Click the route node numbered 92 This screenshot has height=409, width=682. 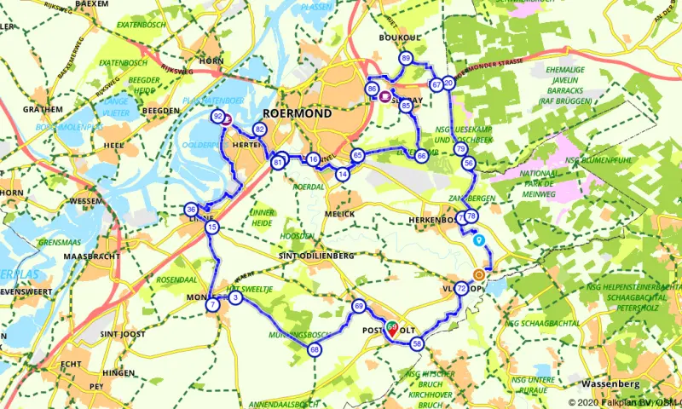point(218,116)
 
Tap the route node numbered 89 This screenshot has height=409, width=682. point(406,58)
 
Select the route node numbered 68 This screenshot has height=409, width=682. point(315,350)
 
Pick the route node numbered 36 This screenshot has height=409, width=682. point(191,210)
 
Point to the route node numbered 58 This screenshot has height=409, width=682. point(417,343)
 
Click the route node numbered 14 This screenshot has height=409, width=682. point(343,174)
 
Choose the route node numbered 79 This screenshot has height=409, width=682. point(460,149)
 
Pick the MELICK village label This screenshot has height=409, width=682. point(339,213)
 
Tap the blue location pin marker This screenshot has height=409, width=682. point(479,240)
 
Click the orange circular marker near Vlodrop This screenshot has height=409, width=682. point(479,274)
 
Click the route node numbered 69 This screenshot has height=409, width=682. point(358,306)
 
